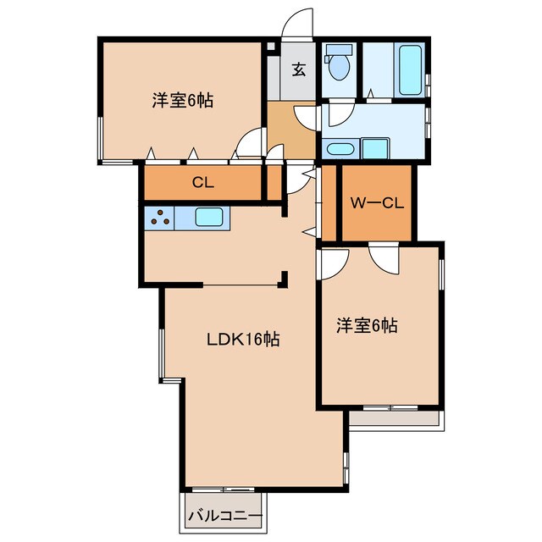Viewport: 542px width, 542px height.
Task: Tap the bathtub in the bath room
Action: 410,69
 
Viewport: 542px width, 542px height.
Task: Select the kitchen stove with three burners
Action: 159,218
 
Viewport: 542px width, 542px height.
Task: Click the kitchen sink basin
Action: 209,217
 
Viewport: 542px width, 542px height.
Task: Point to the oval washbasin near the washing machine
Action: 340,149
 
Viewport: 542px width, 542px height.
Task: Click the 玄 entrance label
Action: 299,69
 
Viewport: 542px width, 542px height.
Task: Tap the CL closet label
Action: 203,182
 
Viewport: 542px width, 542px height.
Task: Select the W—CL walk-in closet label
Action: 377,203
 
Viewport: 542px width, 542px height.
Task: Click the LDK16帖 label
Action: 243,339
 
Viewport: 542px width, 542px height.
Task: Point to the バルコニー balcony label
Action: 225,517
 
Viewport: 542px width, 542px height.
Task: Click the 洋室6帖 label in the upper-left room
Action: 183,100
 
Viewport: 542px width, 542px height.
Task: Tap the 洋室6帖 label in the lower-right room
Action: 367,325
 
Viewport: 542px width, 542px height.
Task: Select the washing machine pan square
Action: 375,149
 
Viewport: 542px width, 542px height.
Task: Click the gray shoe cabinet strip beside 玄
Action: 274,78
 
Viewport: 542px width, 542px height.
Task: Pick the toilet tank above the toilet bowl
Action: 338,50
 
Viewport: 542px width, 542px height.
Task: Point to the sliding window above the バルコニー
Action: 224,489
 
